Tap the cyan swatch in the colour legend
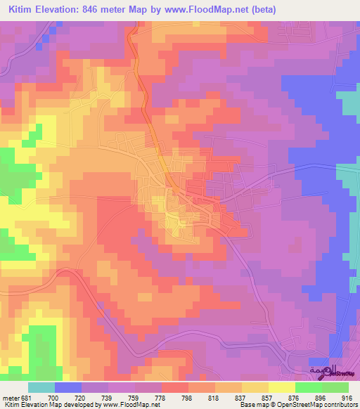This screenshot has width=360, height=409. click(41, 387)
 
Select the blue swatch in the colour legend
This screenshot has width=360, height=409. click(68, 387)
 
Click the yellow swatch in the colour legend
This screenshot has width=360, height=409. click(281, 387)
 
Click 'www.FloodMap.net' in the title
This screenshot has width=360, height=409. click(207, 10)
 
